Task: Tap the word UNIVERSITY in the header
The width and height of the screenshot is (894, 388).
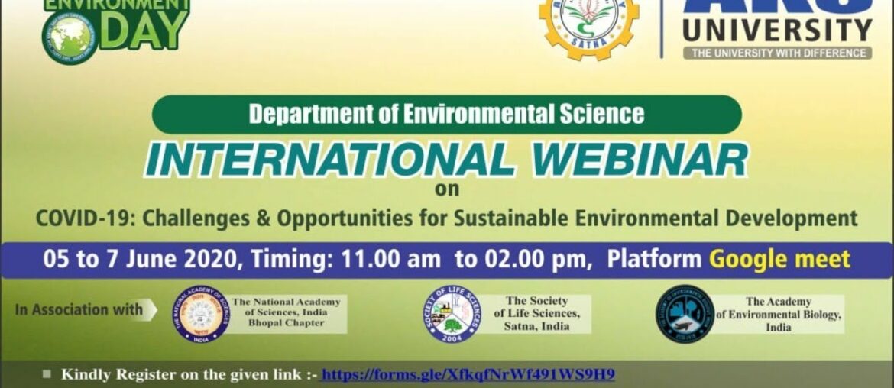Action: pyautogui.click(x=777, y=31)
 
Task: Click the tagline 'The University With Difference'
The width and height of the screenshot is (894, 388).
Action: pyautogui.click(x=777, y=53)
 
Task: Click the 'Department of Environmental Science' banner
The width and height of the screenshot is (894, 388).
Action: pyautogui.click(x=446, y=115)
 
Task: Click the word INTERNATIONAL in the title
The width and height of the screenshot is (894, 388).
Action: pyautogui.click(x=330, y=159)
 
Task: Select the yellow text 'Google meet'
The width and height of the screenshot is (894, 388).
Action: pyautogui.click(x=779, y=259)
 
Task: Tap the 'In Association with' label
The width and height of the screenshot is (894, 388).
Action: pyautogui.click(x=79, y=309)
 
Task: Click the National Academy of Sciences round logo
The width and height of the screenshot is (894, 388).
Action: pyautogui.click(x=200, y=314)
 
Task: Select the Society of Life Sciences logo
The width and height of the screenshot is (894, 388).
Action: pyautogui.click(x=452, y=314)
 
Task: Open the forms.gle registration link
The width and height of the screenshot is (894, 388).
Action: pyautogui.click(x=468, y=374)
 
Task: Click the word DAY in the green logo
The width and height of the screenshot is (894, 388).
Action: pyautogui.click(x=144, y=30)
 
